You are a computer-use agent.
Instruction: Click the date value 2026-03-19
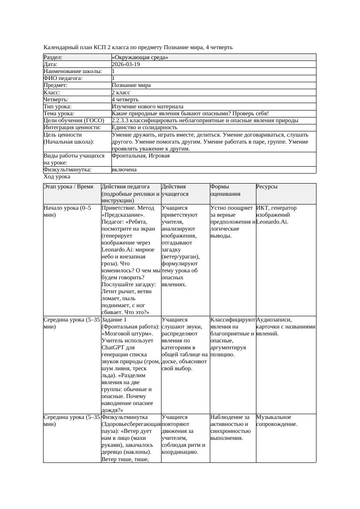(x=126, y=64)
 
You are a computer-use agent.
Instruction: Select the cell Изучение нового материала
(x=148, y=107)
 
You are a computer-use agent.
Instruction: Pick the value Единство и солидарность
(x=145, y=127)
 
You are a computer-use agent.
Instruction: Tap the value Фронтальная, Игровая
(x=141, y=156)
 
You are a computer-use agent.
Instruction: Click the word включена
(x=124, y=170)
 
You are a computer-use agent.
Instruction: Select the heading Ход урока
(x=57, y=177)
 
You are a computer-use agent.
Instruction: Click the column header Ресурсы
(x=267, y=187)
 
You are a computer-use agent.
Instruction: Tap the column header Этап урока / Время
(x=68, y=187)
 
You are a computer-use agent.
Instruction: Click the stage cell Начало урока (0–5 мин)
(x=67, y=211)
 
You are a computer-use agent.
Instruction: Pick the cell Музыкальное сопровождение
(x=277, y=421)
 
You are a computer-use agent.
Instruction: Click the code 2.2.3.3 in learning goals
(x=122, y=121)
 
